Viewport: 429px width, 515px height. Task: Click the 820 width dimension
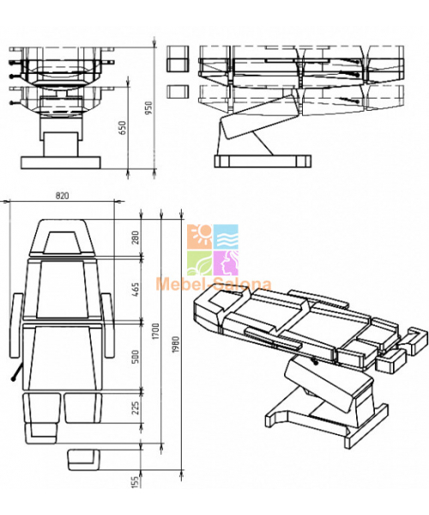pyautogui.click(x=62, y=196)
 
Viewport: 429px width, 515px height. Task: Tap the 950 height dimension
pyautogui.click(x=148, y=108)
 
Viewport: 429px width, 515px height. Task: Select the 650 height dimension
pyautogui.click(x=122, y=128)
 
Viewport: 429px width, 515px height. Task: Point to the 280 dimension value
pyautogui.click(x=136, y=238)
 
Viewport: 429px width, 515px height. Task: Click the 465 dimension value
pyautogui.click(x=136, y=290)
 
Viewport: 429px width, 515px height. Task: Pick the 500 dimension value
pyautogui.click(x=136, y=357)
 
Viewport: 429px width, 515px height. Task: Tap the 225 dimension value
pyautogui.click(x=136, y=407)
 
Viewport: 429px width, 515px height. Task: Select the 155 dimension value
pyautogui.click(x=136, y=482)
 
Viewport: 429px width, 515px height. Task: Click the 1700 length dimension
pyautogui.click(x=155, y=331)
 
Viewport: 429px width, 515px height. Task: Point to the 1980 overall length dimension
pyautogui.click(x=175, y=344)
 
